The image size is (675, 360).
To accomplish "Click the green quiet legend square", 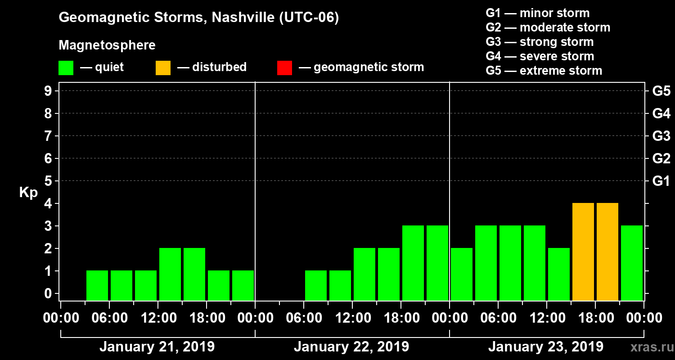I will [66, 68].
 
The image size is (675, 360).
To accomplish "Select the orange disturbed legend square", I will [163, 68].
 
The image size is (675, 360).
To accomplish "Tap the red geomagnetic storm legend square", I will [284, 68].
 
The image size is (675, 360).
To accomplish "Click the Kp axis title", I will [28, 193].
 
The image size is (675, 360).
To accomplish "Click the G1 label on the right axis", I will [661, 181].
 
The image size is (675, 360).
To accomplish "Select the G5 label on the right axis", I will [661, 91].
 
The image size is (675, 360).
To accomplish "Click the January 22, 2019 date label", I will [351, 347].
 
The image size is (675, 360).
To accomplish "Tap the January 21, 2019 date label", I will [157, 347].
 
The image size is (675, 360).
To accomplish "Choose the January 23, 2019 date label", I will [546, 347].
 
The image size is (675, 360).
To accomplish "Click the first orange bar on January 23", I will [583, 252].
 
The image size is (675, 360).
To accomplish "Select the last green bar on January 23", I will [632, 263].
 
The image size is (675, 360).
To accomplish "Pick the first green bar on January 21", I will [97, 285].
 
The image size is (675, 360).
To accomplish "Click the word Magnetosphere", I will [107, 45].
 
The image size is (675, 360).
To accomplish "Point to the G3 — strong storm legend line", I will [540, 42].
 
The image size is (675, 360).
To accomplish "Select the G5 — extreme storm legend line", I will [544, 71].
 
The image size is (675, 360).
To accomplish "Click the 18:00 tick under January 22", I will [400, 318].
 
